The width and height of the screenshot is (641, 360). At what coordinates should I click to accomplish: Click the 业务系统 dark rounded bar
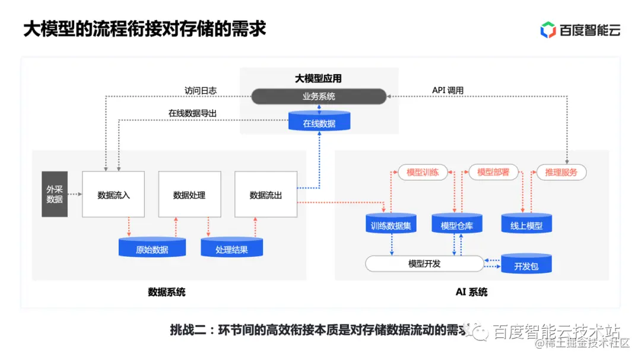319,96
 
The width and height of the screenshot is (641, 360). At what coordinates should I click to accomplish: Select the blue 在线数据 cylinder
319,122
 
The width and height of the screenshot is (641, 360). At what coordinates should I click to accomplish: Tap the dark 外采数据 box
55,195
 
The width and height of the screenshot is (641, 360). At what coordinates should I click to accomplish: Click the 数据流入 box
113,195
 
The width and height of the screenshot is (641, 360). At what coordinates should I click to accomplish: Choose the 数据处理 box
189,195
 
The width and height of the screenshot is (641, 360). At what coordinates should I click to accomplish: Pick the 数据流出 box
265,195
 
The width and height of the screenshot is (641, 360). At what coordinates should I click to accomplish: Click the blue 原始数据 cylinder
152,248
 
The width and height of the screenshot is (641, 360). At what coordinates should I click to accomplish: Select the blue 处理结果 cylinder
231,248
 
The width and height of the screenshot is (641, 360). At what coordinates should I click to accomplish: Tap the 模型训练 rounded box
423,172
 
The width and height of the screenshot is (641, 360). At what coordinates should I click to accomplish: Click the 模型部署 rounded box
493,172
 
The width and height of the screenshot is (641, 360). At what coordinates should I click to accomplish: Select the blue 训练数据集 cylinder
391,224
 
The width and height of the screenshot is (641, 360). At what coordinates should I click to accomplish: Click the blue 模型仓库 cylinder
457,224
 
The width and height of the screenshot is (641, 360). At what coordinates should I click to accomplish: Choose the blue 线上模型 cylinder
526,224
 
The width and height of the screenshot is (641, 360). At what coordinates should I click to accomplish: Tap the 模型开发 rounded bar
424,263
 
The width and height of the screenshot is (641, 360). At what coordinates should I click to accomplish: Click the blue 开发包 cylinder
526,265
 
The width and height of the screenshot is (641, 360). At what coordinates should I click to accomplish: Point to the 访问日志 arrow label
200,91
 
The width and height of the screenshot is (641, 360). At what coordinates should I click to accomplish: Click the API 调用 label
448,91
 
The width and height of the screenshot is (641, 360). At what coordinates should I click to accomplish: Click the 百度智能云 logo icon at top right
548,30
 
